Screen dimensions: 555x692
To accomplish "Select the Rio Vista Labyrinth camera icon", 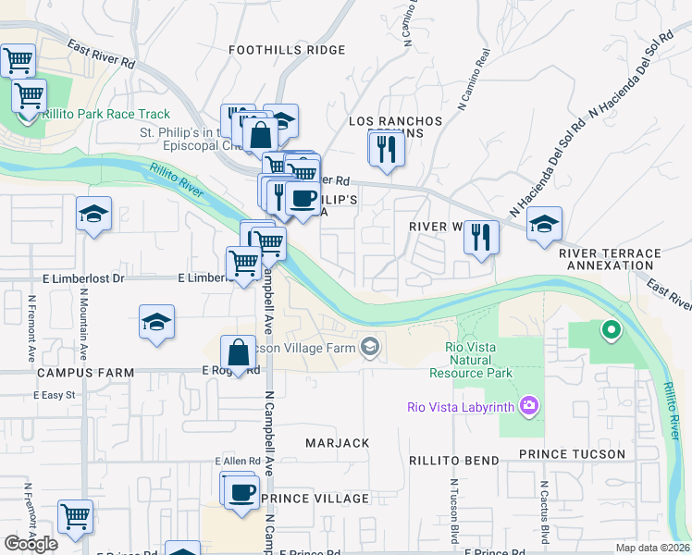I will pos(528,405).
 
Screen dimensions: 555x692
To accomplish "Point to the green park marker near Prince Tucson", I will pos(610,328).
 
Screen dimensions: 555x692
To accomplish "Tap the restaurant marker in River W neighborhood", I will pos(481,236).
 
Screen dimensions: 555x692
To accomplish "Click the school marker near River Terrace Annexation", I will pos(544,223).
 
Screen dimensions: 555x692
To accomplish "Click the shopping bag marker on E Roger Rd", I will pos(238,351).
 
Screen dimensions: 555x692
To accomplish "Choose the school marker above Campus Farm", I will pos(156,323).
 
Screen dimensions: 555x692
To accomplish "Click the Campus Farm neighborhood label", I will pos(85,372).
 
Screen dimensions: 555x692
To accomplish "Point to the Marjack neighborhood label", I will pos(338,443).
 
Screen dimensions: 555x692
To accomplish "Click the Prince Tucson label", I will pos(572,454).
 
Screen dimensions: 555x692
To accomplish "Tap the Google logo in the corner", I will pos(31,544).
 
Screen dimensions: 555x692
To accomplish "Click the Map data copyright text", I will pos(653,548).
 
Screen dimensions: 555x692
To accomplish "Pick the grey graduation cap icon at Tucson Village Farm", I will pos(370,347).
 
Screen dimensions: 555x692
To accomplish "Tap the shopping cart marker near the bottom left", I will pos(75,515).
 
